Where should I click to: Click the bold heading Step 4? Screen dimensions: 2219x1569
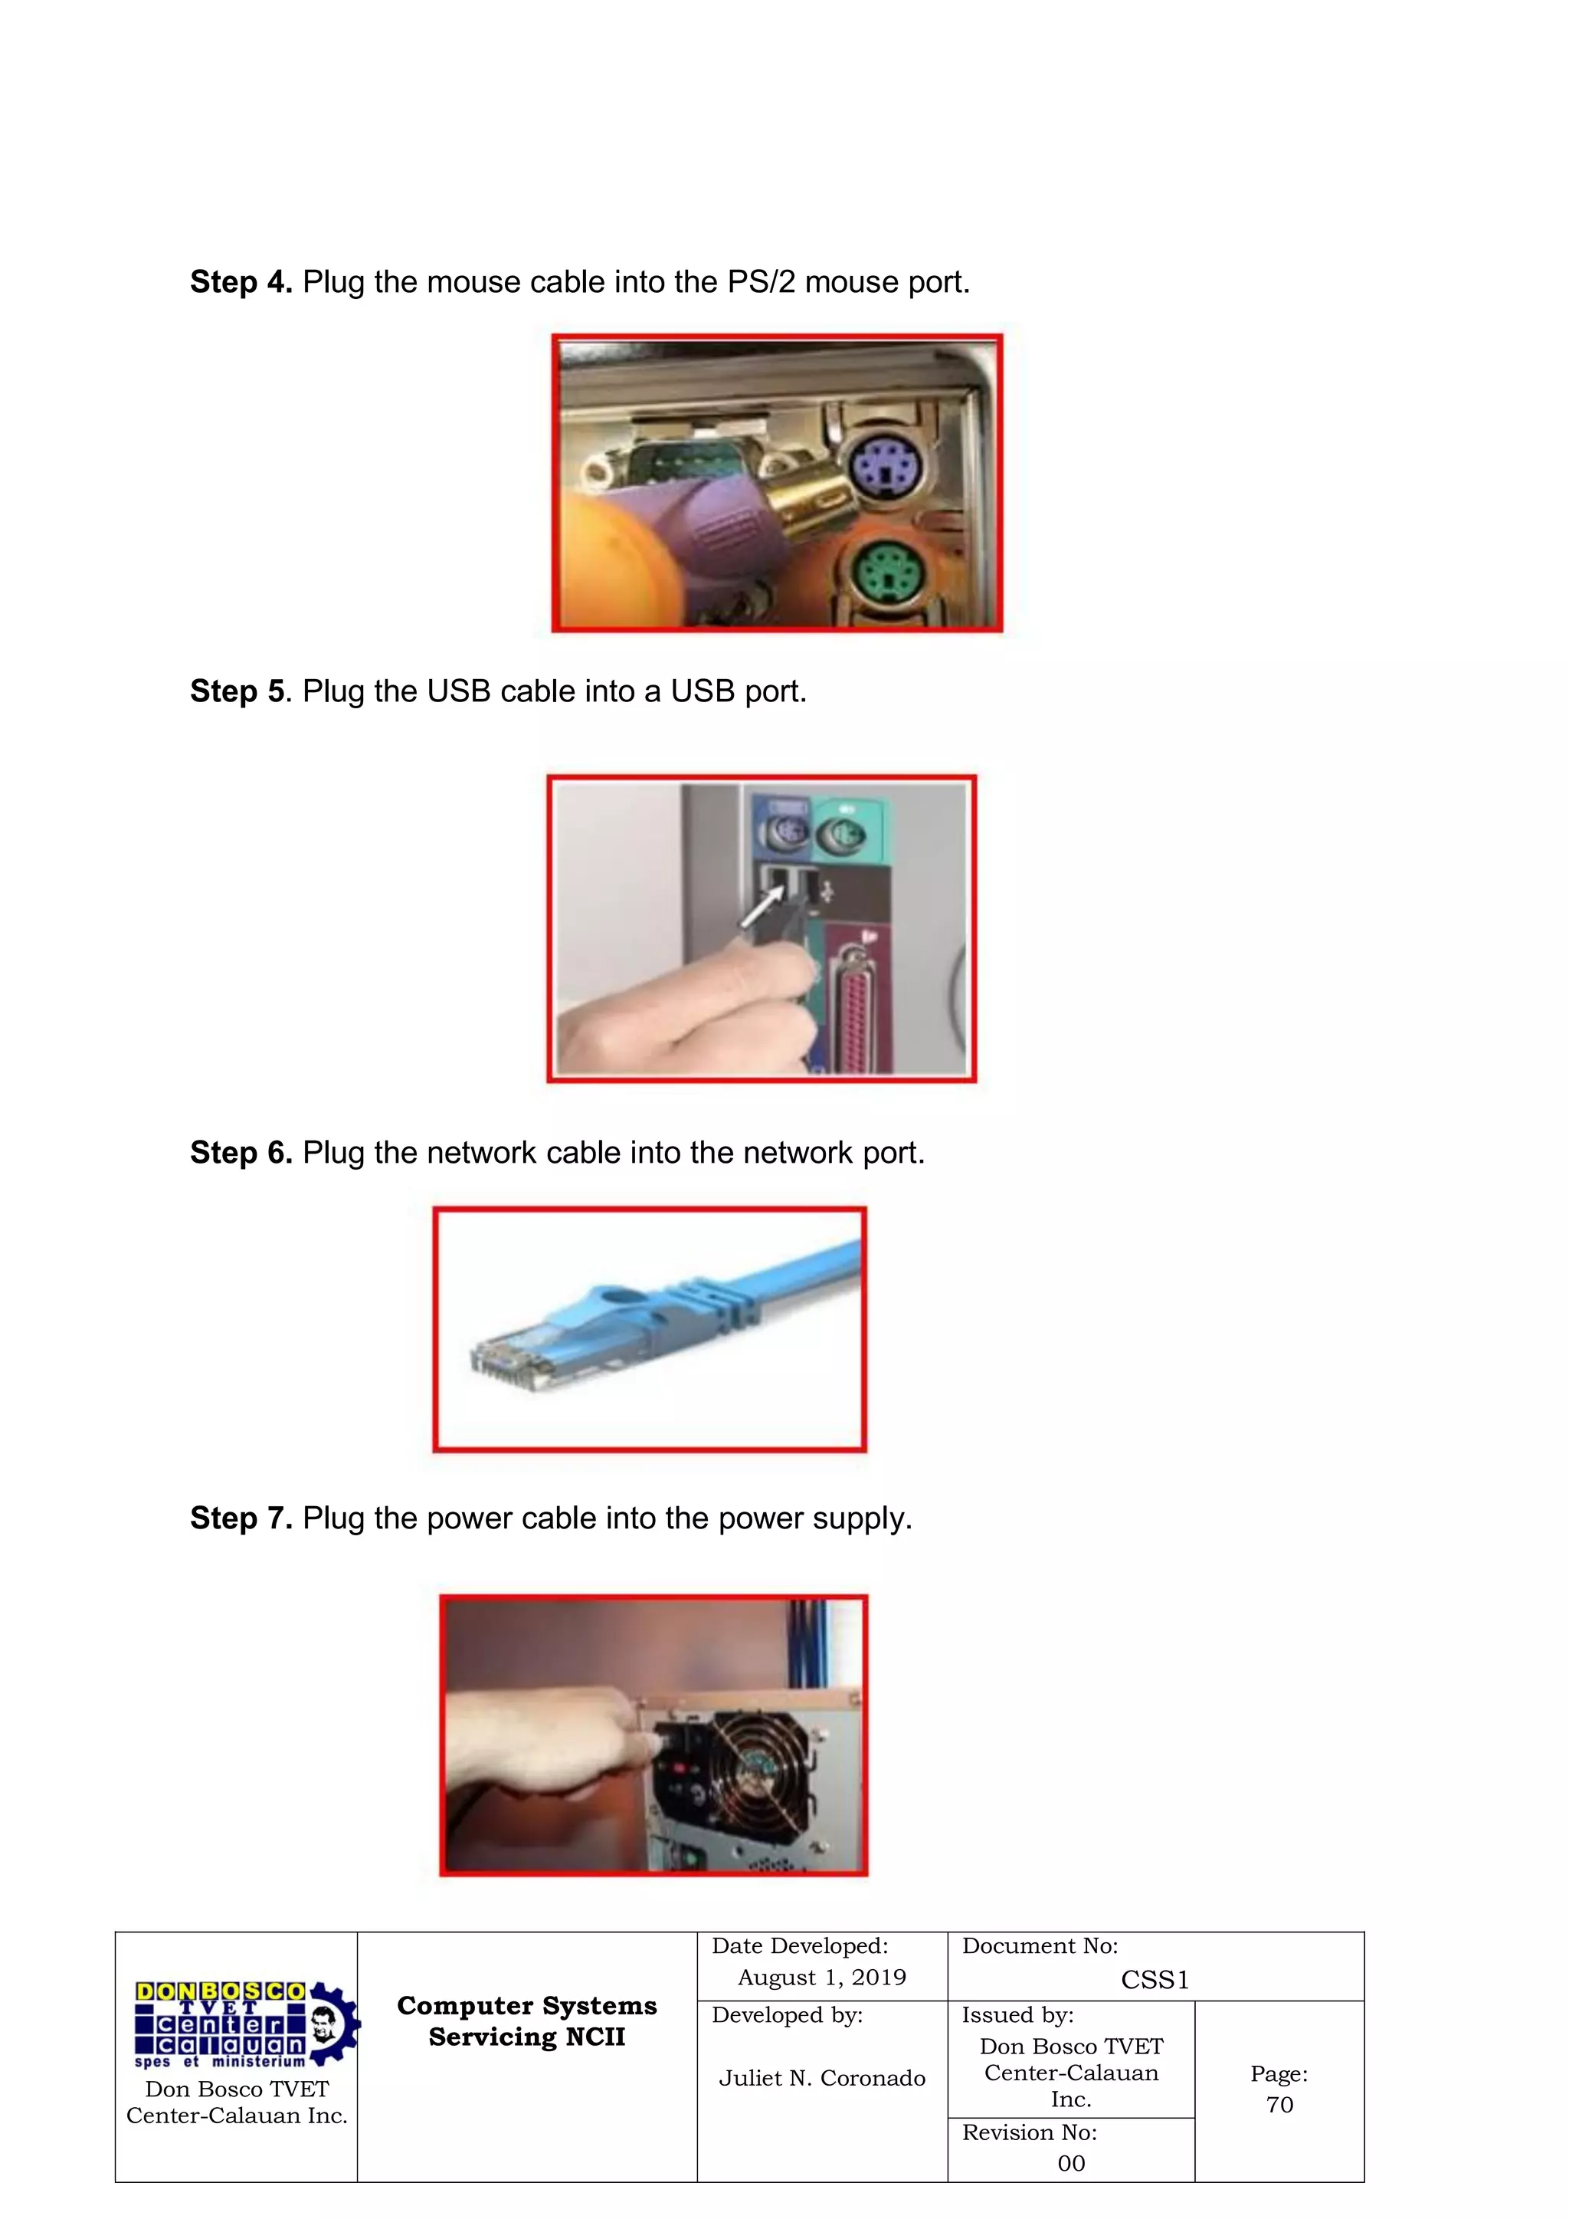[241, 282]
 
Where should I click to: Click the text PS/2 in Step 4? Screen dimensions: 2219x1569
[762, 282]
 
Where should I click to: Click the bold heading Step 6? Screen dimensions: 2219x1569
[241, 1153]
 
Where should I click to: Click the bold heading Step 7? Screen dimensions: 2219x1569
[241, 1518]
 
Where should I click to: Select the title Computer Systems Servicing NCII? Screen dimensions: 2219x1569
[526, 2021]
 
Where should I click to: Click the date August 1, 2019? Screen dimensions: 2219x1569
[822, 1978]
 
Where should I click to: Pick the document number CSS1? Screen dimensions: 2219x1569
[1155, 1981]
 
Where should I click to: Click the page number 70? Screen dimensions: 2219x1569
[1279, 2105]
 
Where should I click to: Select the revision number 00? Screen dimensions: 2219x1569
[1070, 2163]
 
